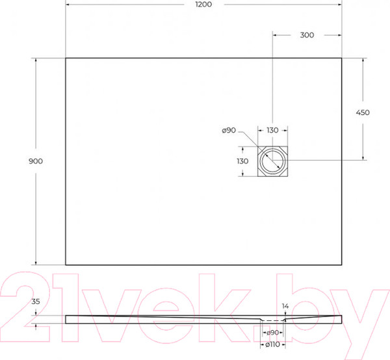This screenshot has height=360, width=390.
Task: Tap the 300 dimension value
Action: point(307,35)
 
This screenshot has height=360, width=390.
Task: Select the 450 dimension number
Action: point(363,112)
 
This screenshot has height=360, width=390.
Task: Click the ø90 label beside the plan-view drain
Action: point(228,131)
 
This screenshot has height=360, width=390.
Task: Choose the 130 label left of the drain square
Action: point(242,161)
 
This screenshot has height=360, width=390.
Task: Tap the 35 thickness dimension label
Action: point(36,302)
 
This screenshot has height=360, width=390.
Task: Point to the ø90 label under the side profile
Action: point(273,333)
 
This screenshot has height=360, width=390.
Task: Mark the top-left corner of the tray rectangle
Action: point(66,58)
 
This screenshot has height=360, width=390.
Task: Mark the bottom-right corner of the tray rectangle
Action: point(343,264)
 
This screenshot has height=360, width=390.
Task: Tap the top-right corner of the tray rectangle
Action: point(343,58)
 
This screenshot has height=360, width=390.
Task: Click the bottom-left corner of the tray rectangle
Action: point(66,264)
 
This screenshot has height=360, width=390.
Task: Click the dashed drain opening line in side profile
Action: point(273,320)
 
